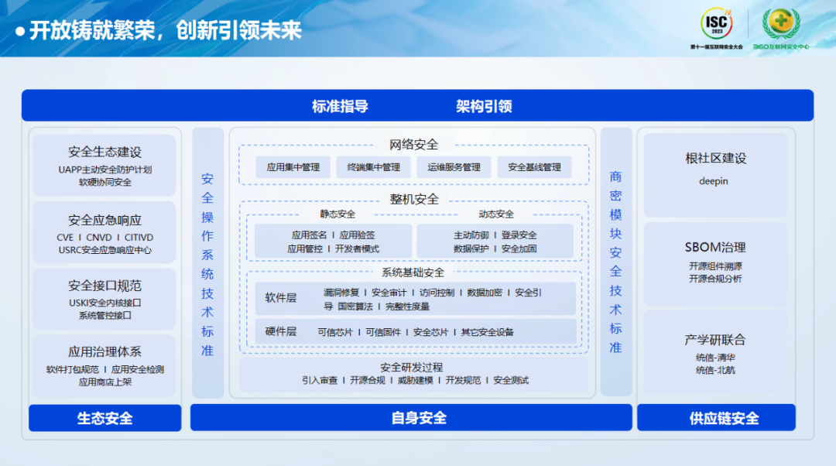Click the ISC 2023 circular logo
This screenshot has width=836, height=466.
716,25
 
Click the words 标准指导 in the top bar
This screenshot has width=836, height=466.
340,107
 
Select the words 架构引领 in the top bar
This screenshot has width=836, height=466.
484,107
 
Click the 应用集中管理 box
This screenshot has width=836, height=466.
293,167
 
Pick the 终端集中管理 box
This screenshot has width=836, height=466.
374,167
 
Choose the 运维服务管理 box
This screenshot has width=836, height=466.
454,167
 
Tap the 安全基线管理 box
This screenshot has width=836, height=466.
534,167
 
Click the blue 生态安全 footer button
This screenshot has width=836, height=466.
104,418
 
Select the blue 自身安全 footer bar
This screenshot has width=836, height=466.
419,418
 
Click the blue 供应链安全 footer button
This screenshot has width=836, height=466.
716,418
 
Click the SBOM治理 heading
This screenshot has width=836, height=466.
715,248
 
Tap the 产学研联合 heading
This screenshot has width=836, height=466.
715,340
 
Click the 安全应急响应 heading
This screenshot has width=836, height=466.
104,221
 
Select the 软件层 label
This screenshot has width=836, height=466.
281,298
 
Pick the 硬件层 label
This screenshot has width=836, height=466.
281,331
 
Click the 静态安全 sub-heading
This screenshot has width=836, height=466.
337,214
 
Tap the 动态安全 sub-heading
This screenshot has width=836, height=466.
496,214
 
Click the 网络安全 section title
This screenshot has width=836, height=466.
413,145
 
